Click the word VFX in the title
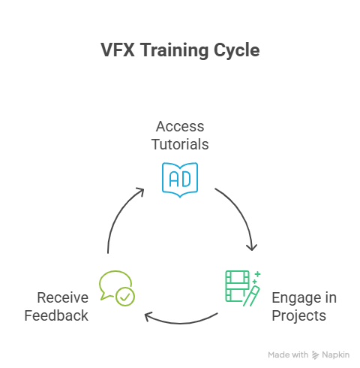118,50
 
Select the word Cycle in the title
236,51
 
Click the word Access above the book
180,126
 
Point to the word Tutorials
180,144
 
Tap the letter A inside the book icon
174,179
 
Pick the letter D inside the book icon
186,179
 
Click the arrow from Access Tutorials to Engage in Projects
241,213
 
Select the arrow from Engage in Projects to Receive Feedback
181,323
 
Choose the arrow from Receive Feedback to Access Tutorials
118,213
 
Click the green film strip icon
237,286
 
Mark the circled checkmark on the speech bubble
125,297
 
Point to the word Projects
299,316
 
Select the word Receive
63,298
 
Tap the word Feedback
56,315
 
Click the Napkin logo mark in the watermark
316,355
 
